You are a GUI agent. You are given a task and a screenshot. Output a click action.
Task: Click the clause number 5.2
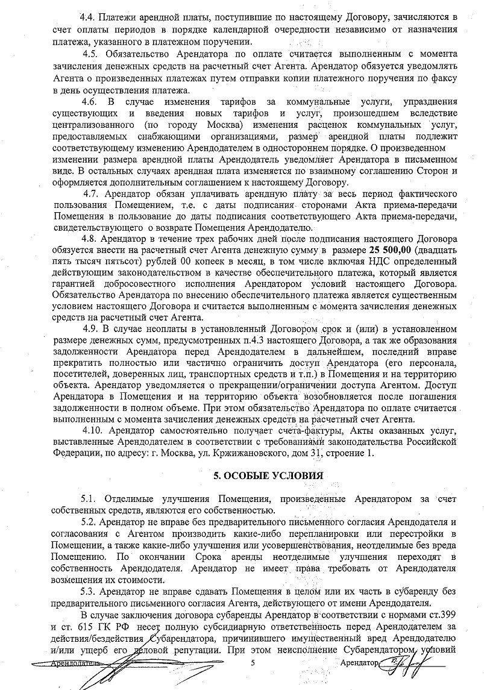[x=88, y=521]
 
